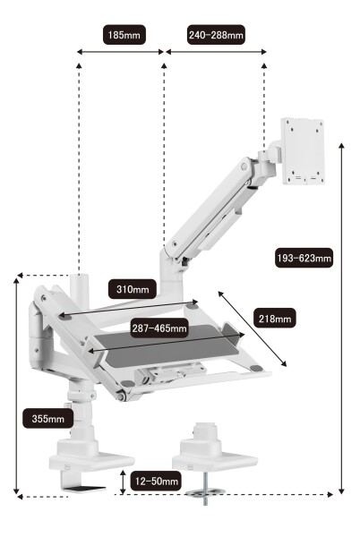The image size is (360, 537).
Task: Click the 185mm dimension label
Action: (x=124, y=35)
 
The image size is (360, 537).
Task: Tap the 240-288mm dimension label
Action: (x=216, y=35)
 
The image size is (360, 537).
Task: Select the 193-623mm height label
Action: (x=304, y=258)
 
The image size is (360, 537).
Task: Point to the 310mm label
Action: (x=133, y=289)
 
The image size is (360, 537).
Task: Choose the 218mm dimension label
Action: (x=275, y=319)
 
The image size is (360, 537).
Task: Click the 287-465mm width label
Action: (x=159, y=328)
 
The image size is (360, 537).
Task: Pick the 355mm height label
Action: (x=48, y=419)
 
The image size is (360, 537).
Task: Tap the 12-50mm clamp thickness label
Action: (x=156, y=482)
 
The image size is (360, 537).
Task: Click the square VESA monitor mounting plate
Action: (x=303, y=151)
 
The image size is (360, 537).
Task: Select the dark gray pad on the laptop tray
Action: (x=167, y=345)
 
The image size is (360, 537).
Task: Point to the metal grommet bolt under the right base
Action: (x=205, y=489)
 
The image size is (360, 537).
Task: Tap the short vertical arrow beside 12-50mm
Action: (x=123, y=482)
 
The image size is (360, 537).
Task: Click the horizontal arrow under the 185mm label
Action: (x=120, y=52)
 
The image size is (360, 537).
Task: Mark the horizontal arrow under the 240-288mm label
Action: (x=216, y=52)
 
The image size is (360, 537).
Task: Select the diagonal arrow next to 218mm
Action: (x=253, y=328)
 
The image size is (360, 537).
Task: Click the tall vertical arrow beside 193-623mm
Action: (x=341, y=319)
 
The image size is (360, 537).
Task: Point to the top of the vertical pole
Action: (x=79, y=276)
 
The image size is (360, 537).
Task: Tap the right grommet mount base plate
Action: (x=215, y=461)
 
